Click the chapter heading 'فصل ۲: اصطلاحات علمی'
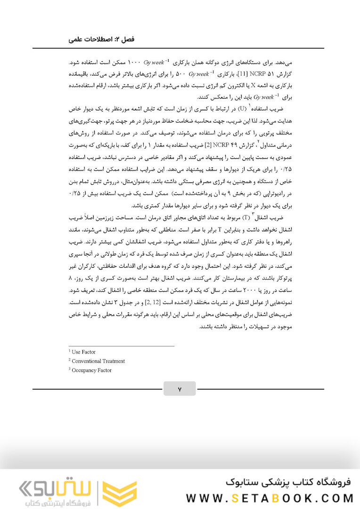pyautogui.click(x=101, y=41)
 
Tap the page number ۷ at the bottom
pyautogui.click(x=180, y=389)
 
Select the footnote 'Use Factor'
pyautogui.click(x=83, y=352)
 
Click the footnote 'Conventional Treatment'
pyautogui.click(x=98, y=361)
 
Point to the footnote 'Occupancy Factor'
pyautogui.click(x=91, y=370)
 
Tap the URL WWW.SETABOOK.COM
pyautogui.click(x=270, y=498)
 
